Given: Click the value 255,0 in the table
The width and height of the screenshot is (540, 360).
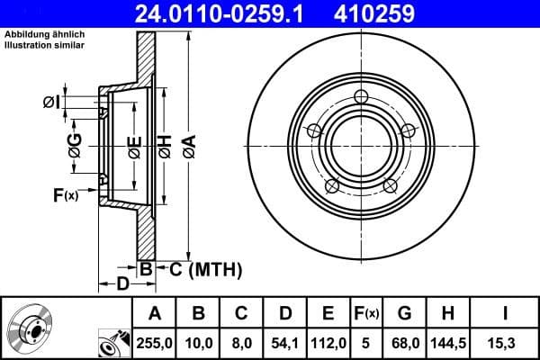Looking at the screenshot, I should (x=154, y=342).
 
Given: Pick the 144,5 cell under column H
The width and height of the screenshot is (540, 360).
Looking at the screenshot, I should (x=447, y=342).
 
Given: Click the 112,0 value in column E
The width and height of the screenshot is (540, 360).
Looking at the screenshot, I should (x=328, y=342).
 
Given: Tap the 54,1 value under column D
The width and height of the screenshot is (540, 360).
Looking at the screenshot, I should (x=284, y=342).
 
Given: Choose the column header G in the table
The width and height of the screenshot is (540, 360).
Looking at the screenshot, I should (x=404, y=313).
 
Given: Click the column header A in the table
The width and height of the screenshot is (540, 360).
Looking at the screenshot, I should (x=154, y=313).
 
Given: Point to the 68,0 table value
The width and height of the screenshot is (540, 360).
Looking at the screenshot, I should (x=404, y=342).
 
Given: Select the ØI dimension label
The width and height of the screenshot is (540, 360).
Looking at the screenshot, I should (x=51, y=103).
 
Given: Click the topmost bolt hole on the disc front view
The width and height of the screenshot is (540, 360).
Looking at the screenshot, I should (x=361, y=97).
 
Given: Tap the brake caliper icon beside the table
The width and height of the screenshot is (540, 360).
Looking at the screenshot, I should (x=112, y=343).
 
